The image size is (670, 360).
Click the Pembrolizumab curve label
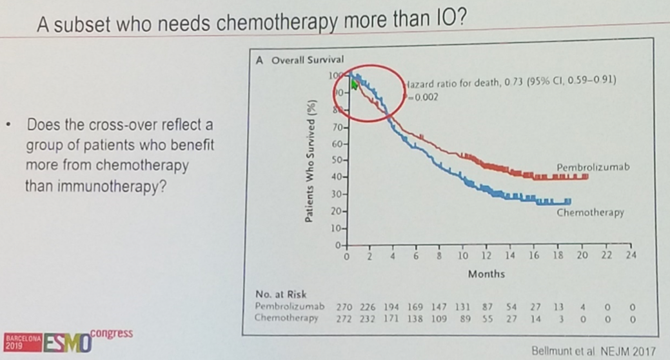[x=593, y=167]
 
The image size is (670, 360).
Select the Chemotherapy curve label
[x=590, y=213]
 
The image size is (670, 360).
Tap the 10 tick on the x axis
[x=462, y=256]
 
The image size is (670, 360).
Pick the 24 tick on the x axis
[x=631, y=256]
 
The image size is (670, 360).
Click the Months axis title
[x=486, y=274]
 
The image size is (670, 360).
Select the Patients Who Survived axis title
[x=311, y=161]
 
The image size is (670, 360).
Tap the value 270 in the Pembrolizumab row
[x=345, y=306]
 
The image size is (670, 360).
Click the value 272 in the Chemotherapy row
[x=345, y=317]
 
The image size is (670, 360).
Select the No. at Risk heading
[x=281, y=295]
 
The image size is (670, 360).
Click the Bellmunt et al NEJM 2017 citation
[x=593, y=351]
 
